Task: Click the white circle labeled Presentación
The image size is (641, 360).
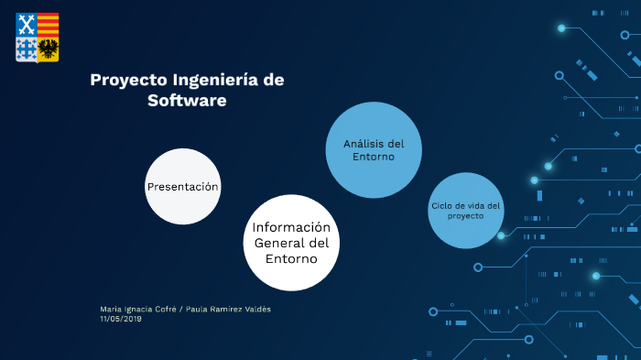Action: point(183,186)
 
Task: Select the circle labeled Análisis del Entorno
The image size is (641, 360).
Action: point(374,150)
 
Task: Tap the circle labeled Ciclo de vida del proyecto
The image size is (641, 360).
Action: point(465,211)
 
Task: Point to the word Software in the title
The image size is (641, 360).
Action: point(187,101)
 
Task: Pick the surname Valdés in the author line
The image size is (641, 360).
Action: point(256,309)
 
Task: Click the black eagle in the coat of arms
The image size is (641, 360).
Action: point(49,49)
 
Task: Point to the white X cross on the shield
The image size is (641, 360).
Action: point(27,25)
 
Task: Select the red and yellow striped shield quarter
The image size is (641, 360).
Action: point(49,25)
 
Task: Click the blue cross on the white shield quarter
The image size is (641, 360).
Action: point(27,49)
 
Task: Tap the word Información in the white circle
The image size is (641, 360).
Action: point(291,227)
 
